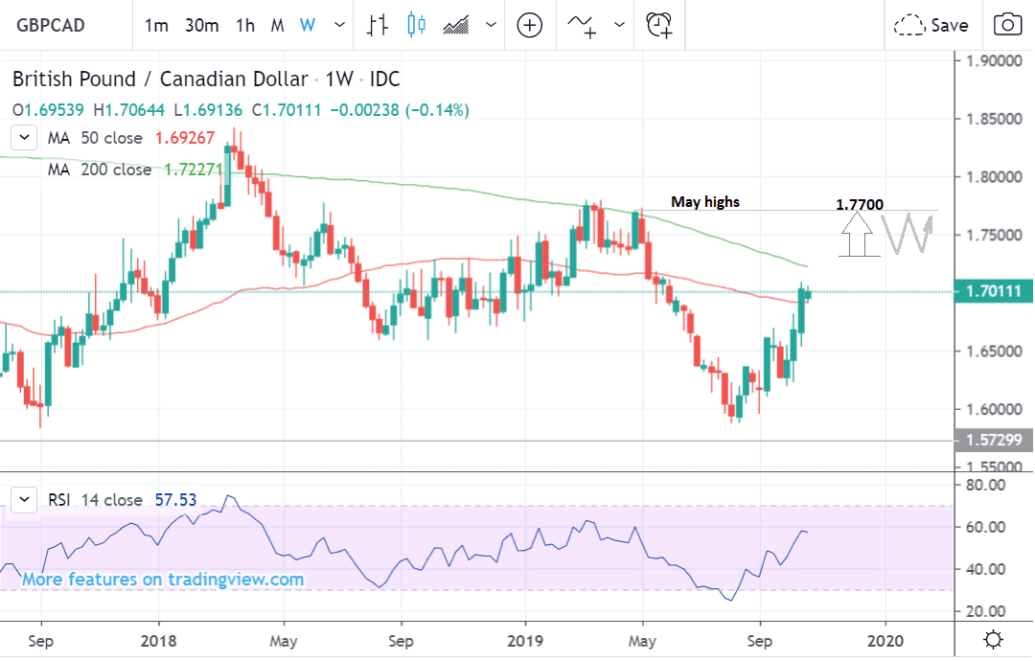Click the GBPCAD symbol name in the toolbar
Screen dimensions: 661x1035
click(x=51, y=26)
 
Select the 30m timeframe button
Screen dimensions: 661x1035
click(x=202, y=26)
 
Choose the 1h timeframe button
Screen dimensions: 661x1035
click(x=244, y=26)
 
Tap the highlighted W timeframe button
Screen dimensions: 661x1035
click(x=307, y=26)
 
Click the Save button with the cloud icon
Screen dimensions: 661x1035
click(x=931, y=26)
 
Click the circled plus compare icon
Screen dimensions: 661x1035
click(x=530, y=26)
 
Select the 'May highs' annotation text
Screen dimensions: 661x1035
click(x=705, y=202)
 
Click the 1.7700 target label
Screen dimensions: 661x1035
click(x=860, y=204)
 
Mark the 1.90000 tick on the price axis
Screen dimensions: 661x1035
click(x=994, y=61)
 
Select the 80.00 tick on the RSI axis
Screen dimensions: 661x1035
click(x=986, y=485)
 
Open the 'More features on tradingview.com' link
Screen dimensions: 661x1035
click(x=163, y=580)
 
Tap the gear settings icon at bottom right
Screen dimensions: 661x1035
click(x=994, y=639)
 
